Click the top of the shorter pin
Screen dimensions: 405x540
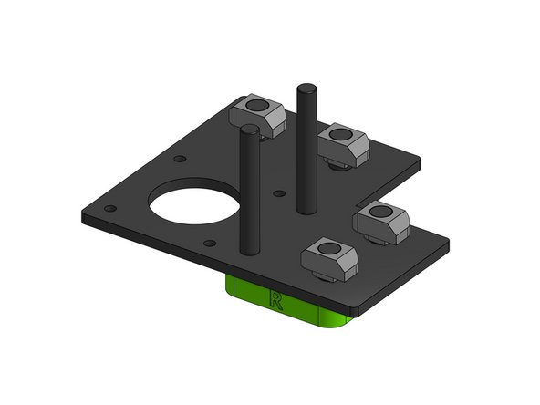[x=249, y=133]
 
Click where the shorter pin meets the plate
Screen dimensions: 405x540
[x=249, y=248]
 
